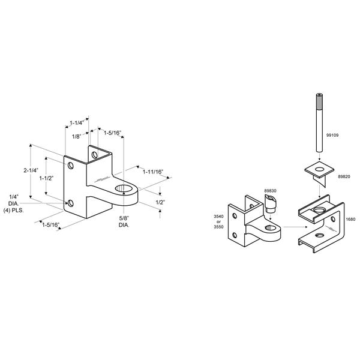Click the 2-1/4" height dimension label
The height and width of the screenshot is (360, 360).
31,170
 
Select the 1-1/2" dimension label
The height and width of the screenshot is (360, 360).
46,178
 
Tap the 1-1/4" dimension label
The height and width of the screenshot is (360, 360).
77,123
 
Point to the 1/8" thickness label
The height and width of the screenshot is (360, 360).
77,137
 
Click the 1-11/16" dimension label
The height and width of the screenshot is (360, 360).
153,172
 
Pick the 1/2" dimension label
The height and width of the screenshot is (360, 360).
160,202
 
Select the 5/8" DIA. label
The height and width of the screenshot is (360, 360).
124,221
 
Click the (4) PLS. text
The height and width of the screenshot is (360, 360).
14,210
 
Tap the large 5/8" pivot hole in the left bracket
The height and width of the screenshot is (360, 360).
124,188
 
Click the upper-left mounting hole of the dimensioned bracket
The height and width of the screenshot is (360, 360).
70,166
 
